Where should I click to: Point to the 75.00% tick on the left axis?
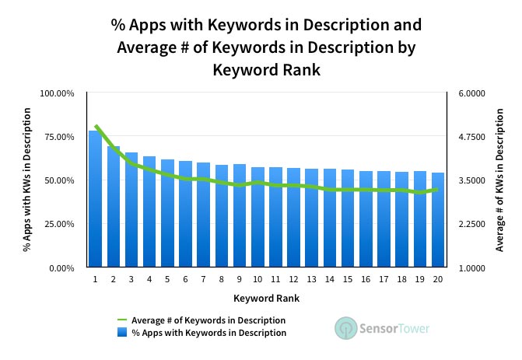[x=57, y=137]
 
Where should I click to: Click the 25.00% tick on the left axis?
[x=57, y=224]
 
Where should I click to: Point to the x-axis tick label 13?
[x=311, y=279]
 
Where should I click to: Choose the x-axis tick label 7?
[x=204, y=279]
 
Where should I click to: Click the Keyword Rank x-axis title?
[x=266, y=298]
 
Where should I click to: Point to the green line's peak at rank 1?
[x=95, y=125]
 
